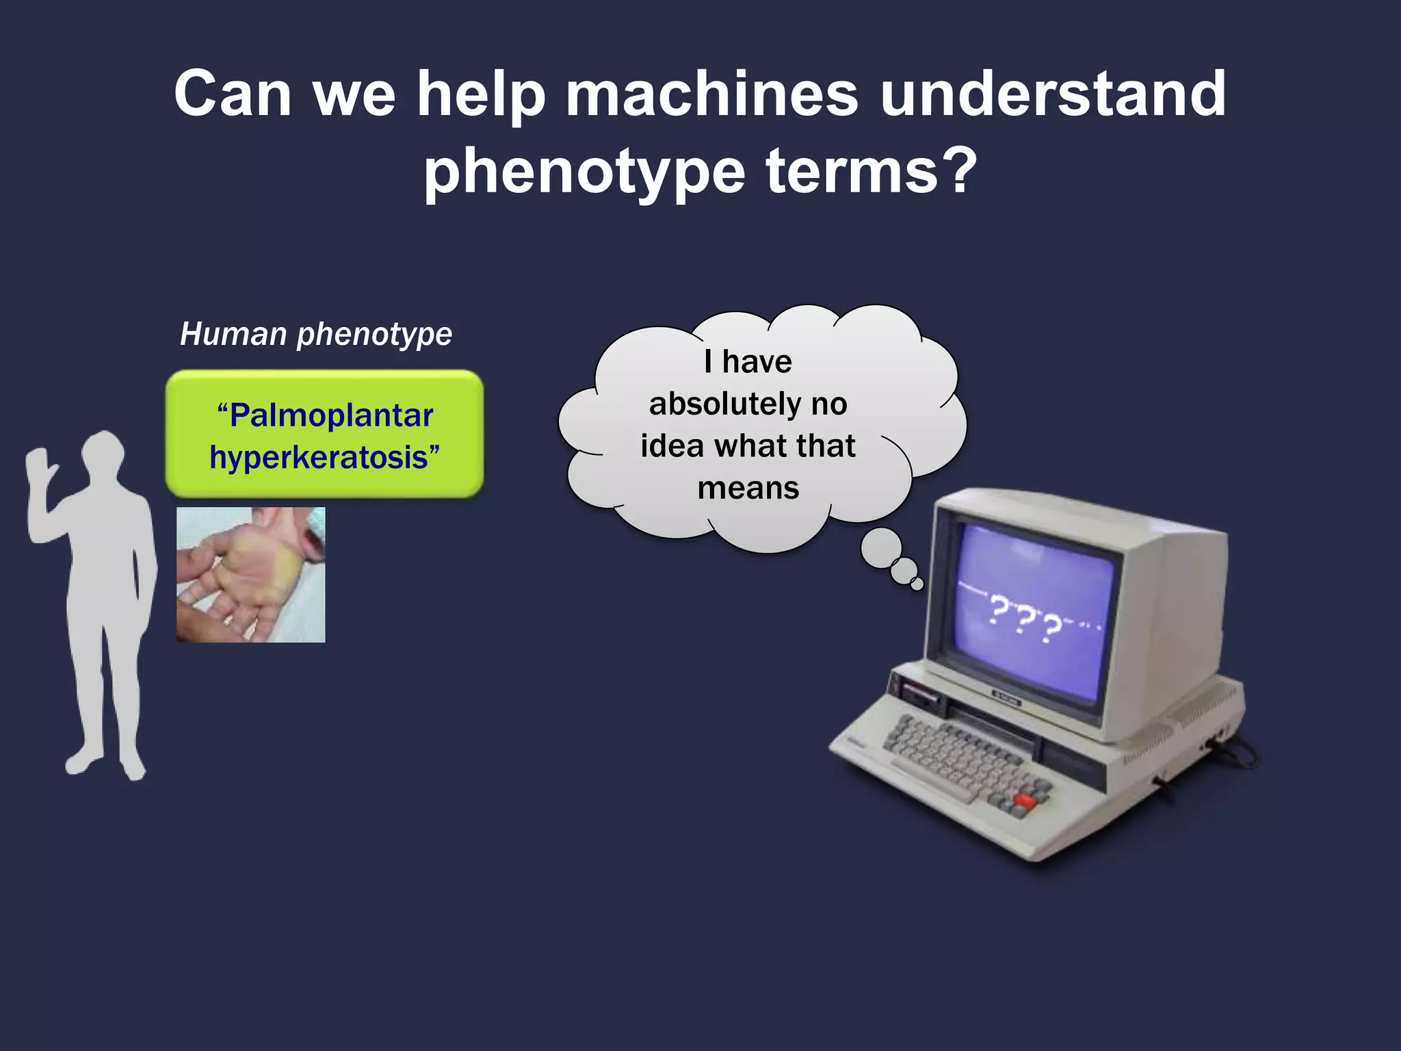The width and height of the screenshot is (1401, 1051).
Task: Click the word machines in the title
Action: [711, 94]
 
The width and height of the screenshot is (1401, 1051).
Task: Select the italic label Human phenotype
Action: [316, 335]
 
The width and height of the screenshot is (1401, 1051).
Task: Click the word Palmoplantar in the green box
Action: [331, 415]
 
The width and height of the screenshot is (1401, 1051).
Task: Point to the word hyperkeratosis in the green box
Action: [318, 457]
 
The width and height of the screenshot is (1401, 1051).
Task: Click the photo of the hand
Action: [250, 574]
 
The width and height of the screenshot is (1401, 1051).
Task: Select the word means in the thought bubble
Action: [748, 489]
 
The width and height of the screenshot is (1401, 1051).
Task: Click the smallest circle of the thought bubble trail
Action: [917, 584]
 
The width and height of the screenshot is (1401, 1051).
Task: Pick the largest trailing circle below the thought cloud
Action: [880, 548]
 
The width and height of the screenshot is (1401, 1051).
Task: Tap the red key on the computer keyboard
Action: [1024, 799]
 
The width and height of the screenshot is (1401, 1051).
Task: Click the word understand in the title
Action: [1053, 94]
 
